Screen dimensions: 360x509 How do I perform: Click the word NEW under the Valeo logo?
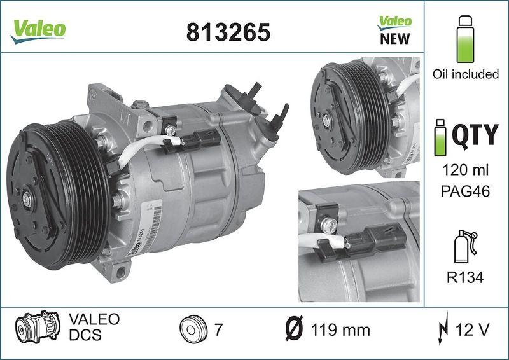pos(394,39)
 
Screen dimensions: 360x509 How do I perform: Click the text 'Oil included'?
pos(465,74)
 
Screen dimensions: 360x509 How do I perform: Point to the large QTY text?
pos(475,135)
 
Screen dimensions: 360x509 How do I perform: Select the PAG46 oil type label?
pos(465,191)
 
